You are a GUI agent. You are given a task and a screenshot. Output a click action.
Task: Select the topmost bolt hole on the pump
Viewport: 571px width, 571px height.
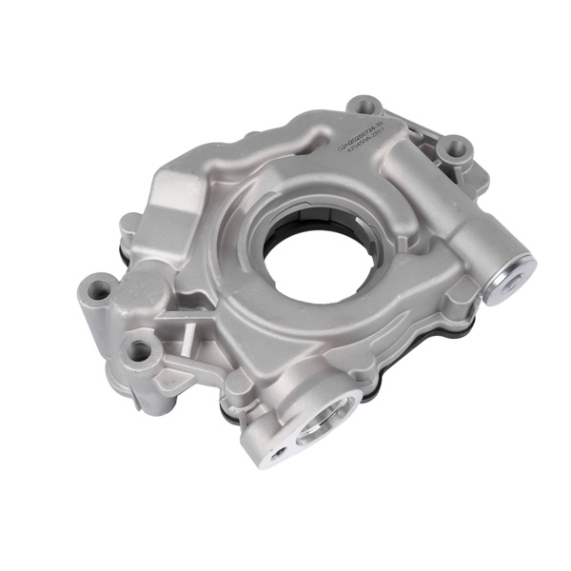click(x=364, y=106)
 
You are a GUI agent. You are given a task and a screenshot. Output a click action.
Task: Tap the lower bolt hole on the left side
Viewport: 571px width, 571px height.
click(x=141, y=351)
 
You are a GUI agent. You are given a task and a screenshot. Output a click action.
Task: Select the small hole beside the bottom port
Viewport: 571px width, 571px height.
click(x=277, y=454)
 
